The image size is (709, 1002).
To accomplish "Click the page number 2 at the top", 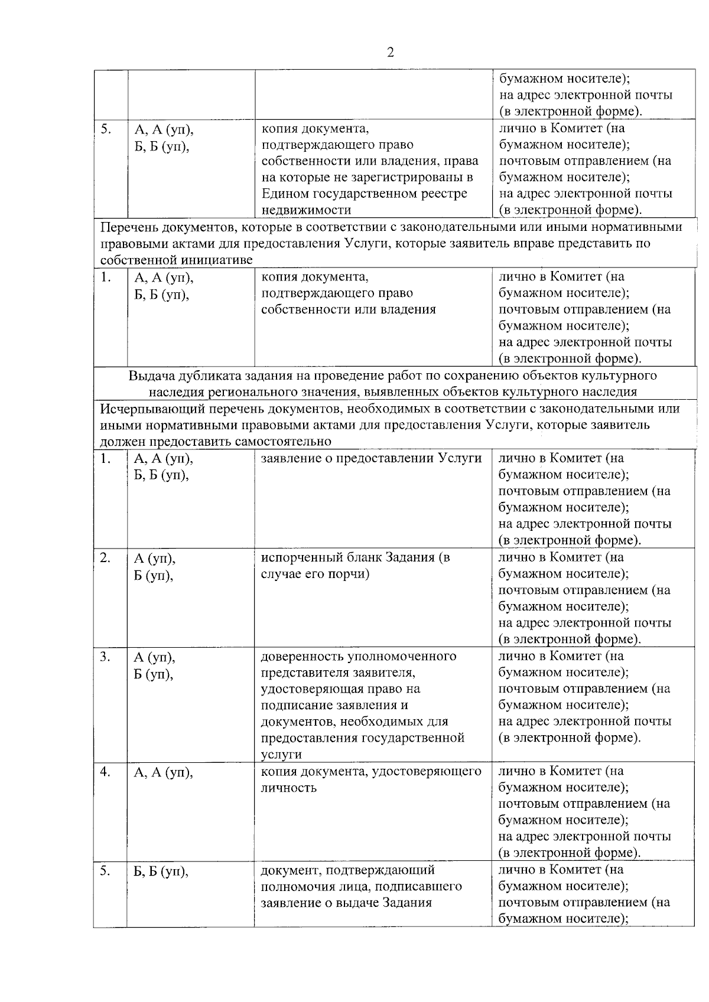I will [x=390, y=53].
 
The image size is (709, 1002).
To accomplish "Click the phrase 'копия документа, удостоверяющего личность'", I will [x=371, y=779].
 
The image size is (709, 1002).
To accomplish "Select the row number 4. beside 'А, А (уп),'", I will [x=105, y=772].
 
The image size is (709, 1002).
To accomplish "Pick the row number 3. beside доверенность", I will [x=105, y=657].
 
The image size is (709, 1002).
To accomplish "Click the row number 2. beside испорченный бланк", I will [x=105, y=557].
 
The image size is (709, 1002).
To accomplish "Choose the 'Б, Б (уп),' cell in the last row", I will [x=161, y=871].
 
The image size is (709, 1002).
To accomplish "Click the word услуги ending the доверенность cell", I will [x=281, y=755].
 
